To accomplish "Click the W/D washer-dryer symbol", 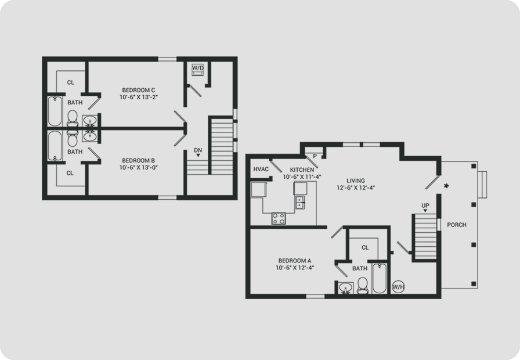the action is tap(198, 70).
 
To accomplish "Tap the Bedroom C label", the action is tap(138, 90).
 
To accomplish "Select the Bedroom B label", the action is tap(138, 161).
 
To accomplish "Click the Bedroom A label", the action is tap(294, 261).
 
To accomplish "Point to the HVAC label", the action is tap(261, 169).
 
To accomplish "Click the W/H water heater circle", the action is tap(398, 287).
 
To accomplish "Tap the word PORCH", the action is tap(457, 225).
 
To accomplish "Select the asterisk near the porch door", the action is tap(446, 186).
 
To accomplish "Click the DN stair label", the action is tap(198, 150).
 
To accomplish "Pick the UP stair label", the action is tap(425, 206).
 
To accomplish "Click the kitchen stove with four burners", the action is tap(279, 218).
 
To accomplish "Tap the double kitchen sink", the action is tap(300, 203).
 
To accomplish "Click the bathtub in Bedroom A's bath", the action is tap(380, 278).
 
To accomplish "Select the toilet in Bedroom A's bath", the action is tap(363, 286).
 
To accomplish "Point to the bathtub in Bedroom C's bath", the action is tap(55, 111).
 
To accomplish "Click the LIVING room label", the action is tap(356, 181).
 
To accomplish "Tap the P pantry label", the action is tap(315, 156).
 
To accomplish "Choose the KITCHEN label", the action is tap(302, 170).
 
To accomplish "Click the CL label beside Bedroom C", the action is tap(71, 82).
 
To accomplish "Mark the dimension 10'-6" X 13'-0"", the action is tap(138, 168).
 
